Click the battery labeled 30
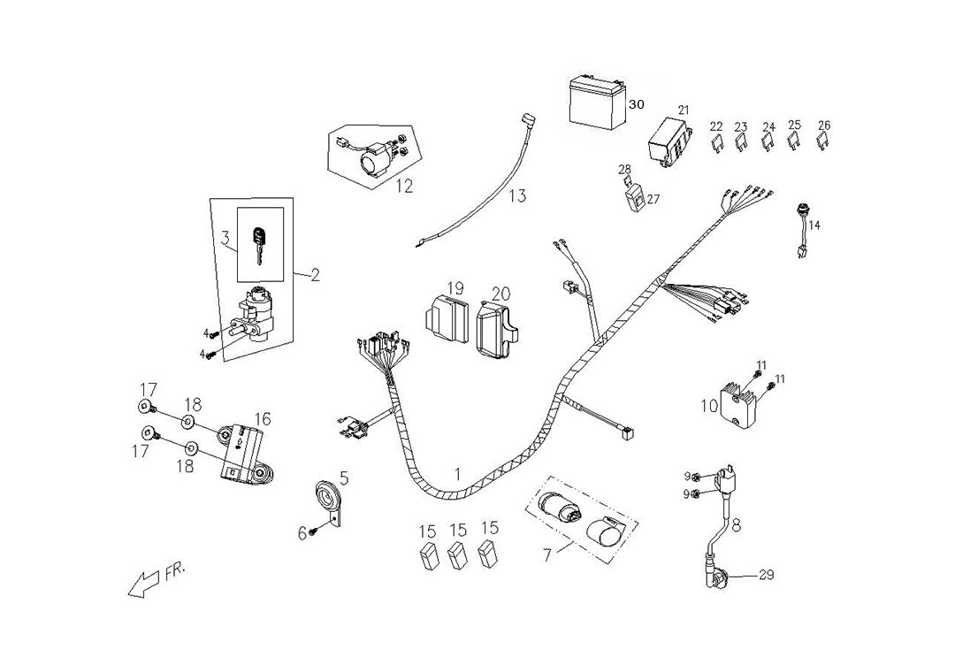coord(596,102)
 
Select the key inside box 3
coord(258,244)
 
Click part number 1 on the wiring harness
coord(457,474)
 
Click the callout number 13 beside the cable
coord(517,195)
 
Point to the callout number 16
coord(263,419)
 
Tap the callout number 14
coord(814,225)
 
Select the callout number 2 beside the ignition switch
coord(315,275)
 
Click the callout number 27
coord(653,199)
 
